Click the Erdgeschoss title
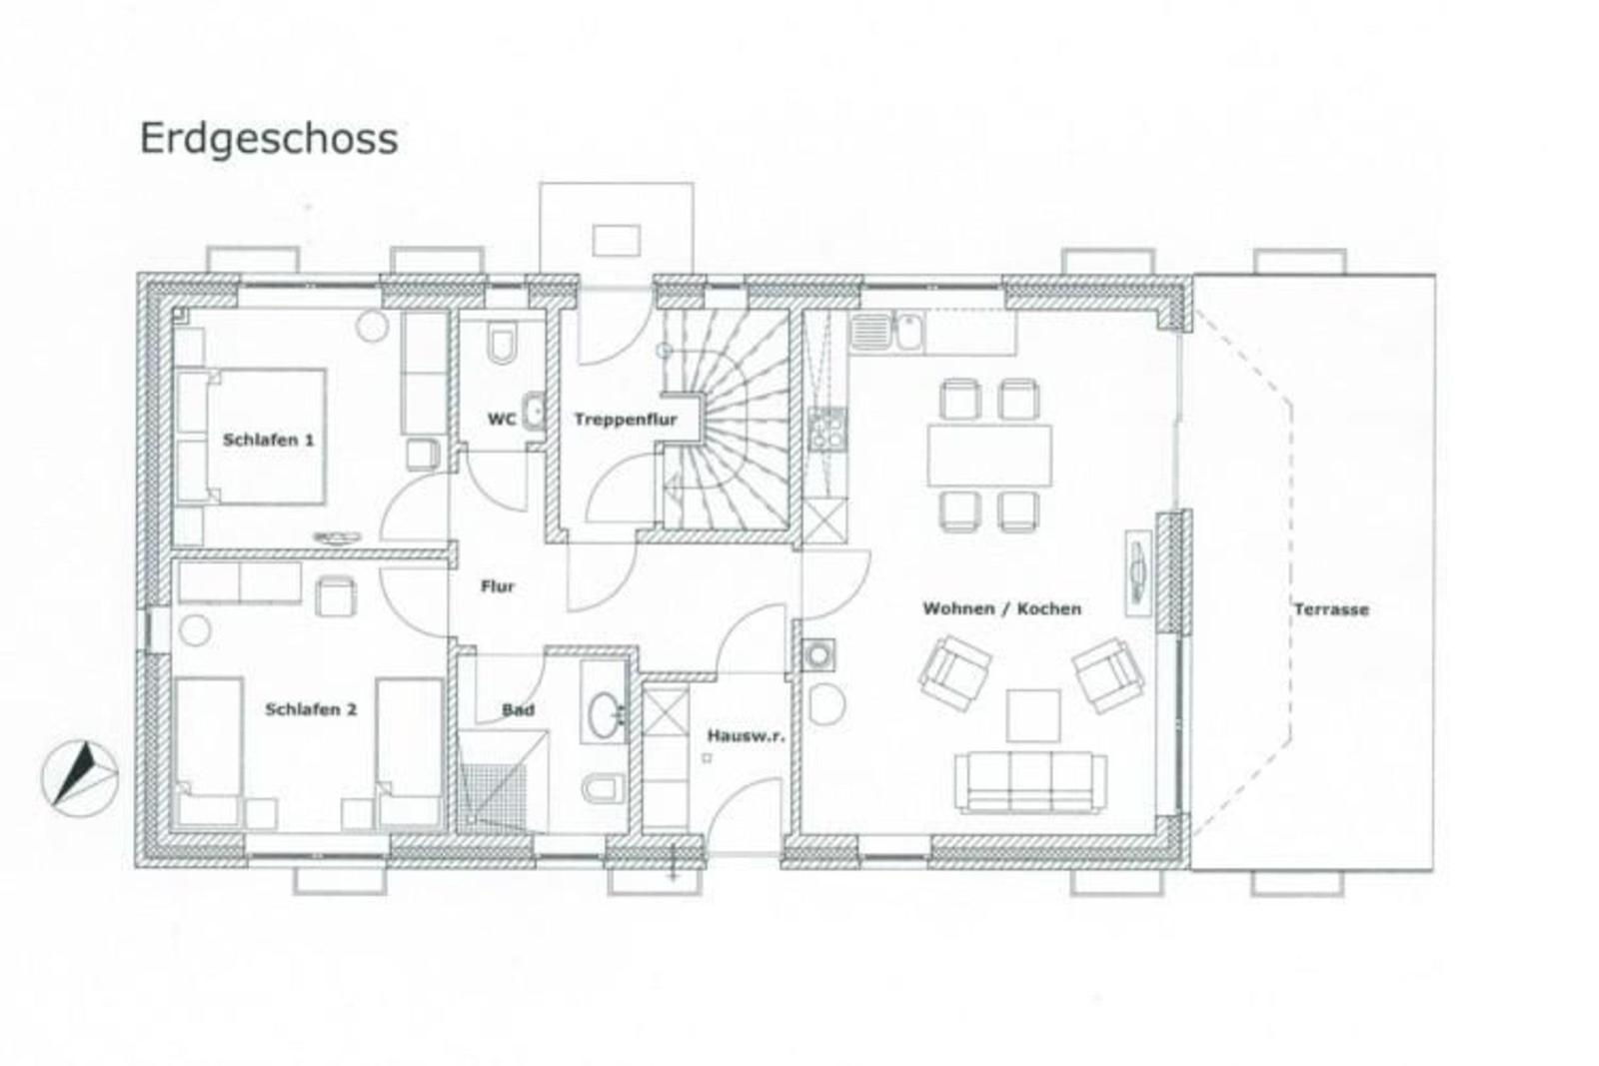pos(269,140)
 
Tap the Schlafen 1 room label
pos(269,440)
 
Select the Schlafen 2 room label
pos(311,709)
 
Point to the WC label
pos(501,419)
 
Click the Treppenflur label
pos(626,420)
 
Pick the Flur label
pos(498,586)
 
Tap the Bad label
pos(519,710)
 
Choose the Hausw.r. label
pos(746,735)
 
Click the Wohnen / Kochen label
pos(1002,608)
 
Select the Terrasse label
pos(1331,609)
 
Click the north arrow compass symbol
pos(80,777)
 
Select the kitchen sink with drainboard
pos(886,331)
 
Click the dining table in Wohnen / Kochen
pos(989,456)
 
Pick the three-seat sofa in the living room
pos(1030,782)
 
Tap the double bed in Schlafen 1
pos(251,436)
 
